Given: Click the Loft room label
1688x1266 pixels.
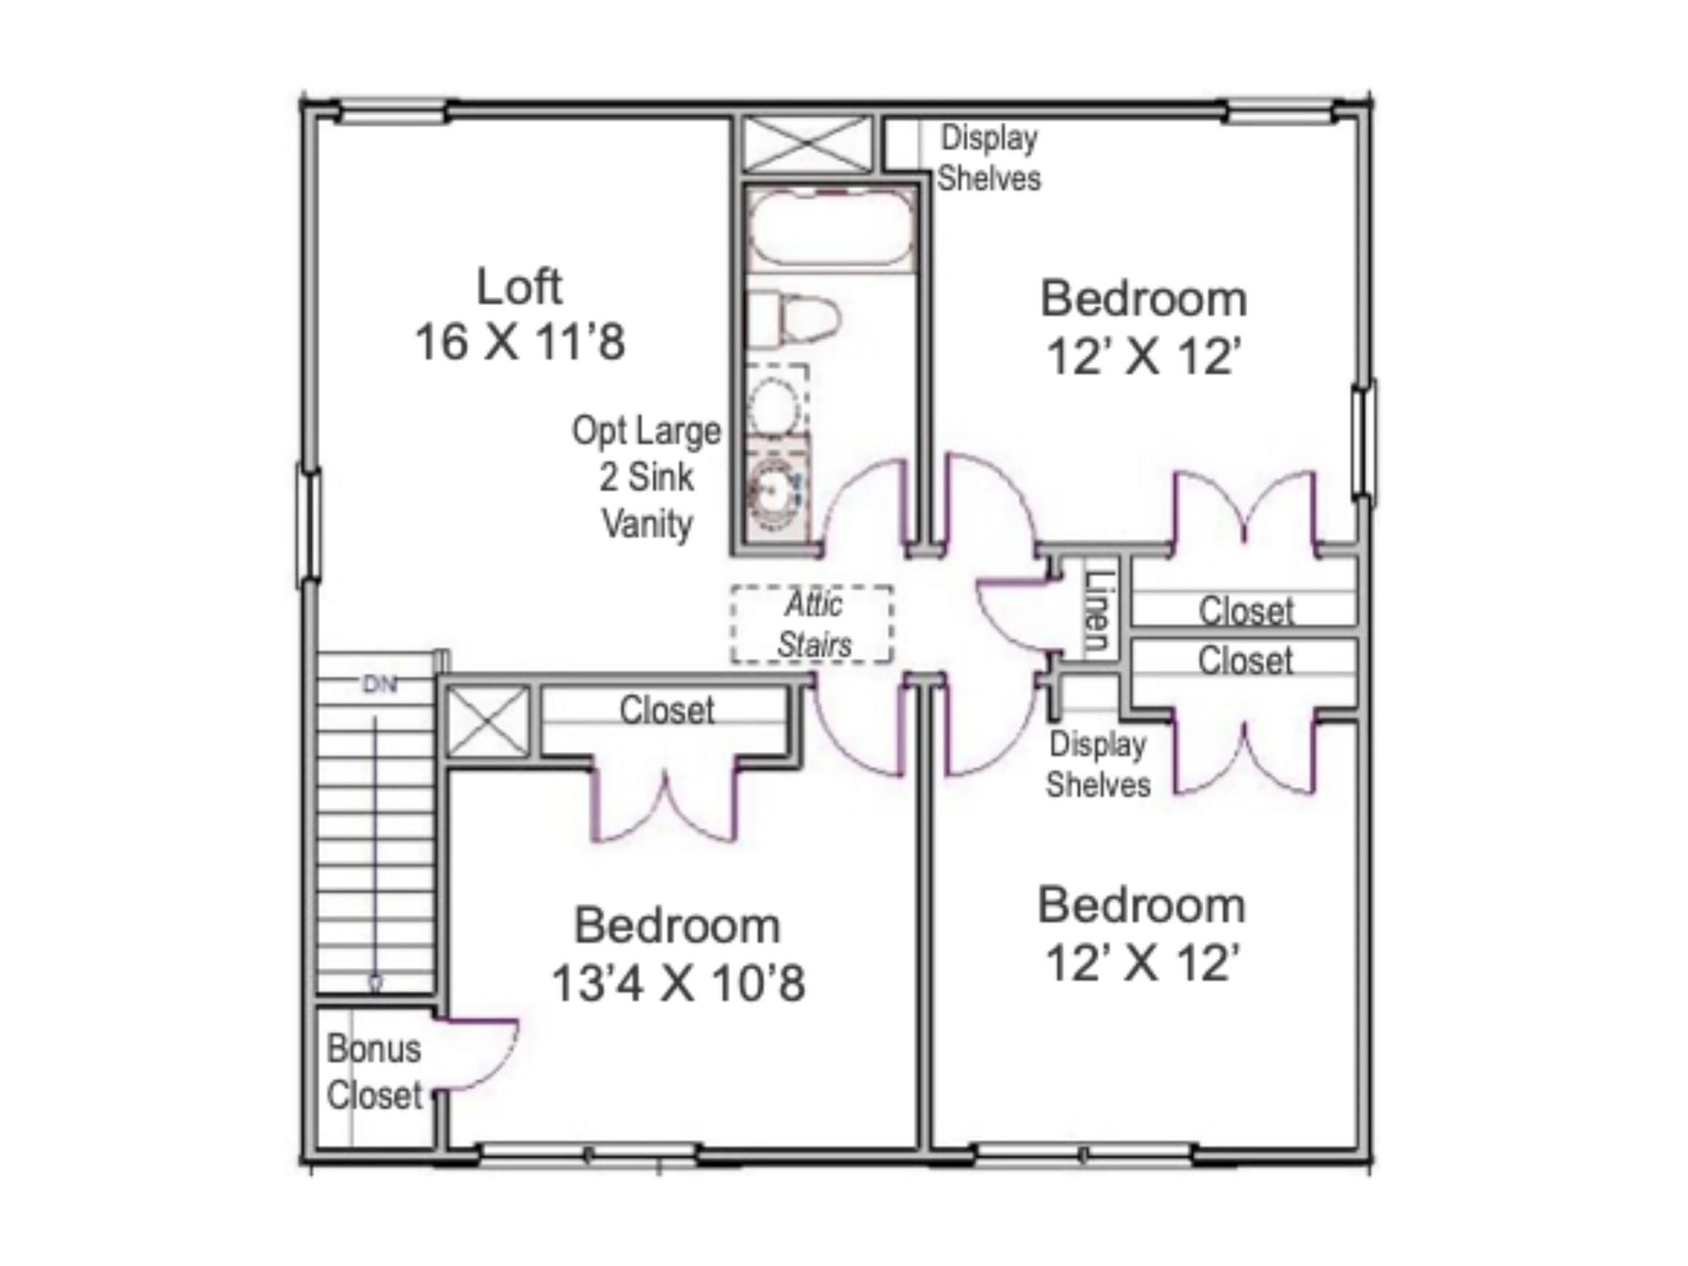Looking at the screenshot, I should click(519, 287).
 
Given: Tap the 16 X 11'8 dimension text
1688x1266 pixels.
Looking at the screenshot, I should click(519, 342).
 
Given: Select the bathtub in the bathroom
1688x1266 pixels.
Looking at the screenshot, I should click(831, 227).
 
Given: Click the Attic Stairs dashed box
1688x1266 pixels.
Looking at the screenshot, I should click(813, 624).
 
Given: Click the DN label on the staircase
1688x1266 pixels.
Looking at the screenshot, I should click(380, 684).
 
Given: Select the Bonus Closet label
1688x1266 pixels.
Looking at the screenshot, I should click(374, 1072).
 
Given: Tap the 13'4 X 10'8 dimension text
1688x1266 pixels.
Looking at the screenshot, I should click(678, 983).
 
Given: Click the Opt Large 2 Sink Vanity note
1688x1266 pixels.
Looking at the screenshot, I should click(647, 477).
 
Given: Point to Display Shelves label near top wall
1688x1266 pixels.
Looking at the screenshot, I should click(989, 157).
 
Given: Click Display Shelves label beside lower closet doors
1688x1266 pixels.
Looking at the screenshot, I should click(1098, 764).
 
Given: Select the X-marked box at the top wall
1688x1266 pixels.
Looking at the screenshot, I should click(807, 144).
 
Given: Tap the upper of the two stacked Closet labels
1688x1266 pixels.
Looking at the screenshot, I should click(1245, 611).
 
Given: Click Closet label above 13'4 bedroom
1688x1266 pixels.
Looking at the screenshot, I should click(666, 710).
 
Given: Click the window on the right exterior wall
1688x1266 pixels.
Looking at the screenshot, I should click(1364, 440).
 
